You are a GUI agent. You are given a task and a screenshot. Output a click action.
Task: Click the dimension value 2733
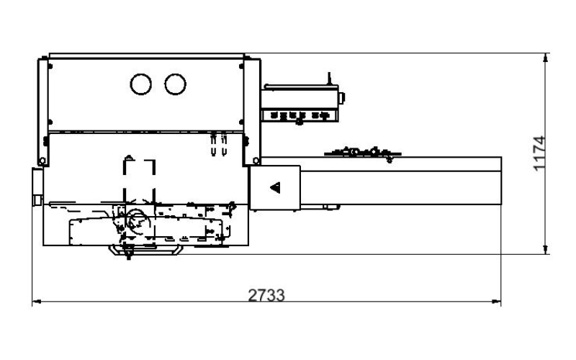pos(266,295)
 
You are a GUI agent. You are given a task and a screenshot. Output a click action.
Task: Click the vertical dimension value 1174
pos(539,153)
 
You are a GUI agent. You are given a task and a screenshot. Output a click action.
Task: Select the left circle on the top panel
pos(140,84)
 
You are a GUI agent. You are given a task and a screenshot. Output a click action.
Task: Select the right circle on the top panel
pos(175,84)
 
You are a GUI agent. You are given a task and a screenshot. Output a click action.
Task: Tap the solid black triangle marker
pos(276,187)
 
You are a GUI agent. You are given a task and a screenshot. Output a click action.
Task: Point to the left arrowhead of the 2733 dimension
pos(37,302)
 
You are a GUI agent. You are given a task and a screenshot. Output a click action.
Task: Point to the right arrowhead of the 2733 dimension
pos(496,302)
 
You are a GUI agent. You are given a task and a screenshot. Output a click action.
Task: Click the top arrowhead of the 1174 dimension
pos(546,58)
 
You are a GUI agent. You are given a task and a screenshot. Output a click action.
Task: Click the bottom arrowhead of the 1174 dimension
pos(546,249)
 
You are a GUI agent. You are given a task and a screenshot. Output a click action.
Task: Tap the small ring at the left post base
pos(42,161)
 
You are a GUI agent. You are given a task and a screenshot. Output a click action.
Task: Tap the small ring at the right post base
pos(256,161)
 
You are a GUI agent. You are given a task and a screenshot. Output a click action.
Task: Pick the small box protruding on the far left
pos(37,186)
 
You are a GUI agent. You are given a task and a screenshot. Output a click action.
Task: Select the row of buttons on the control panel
pos(300,116)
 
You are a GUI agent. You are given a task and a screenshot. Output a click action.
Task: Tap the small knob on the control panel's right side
pos(341,98)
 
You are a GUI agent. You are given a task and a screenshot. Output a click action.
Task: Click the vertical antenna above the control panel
pos(329,78)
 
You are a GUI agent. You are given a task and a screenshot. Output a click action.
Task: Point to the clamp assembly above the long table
pos(363,153)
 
